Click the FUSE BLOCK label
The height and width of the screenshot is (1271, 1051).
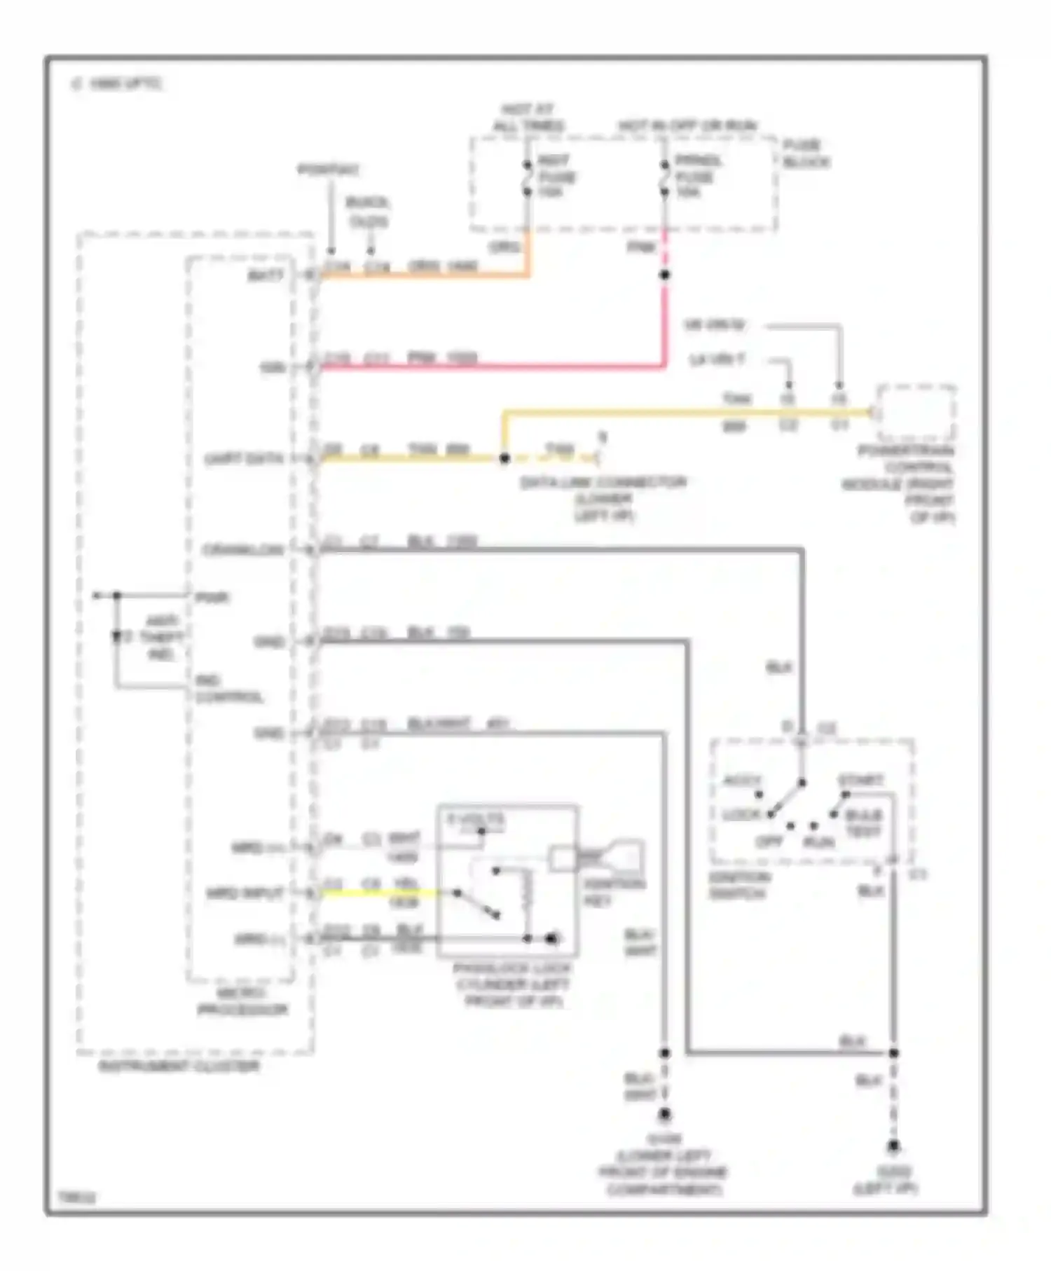click(x=806, y=154)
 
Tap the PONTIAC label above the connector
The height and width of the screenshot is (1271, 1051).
click(x=329, y=170)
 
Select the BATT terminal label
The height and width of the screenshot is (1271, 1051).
click(x=266, y=275)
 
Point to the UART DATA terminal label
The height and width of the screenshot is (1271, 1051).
click(x=244, y=460)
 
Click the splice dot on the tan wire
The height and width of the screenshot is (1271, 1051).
click(x=504, y=459)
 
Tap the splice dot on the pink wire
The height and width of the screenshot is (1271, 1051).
click(x=664, y=275)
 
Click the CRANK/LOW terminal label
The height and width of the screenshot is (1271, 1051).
click(x=244, y=550)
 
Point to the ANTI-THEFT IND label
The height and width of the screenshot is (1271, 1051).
click(x=162, y=638)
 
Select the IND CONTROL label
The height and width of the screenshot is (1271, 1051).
click(x=228, y=689)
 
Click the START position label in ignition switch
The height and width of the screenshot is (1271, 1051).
click(x=861, y=780)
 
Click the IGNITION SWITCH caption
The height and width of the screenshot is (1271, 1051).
click(x=740, y=886)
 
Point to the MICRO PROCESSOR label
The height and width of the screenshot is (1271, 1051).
click(x=242, y=1002)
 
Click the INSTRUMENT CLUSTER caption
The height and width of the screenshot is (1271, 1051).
click(x=179, y=1066)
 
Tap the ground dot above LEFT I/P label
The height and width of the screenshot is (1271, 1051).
click(x=893, y=1147)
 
